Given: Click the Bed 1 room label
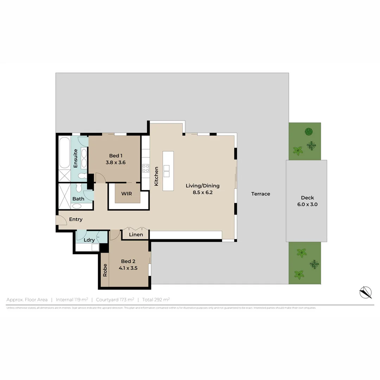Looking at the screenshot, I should click(116, 156).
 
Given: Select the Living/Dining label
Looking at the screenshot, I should click(203, 186).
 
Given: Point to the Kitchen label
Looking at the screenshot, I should click(156, 176).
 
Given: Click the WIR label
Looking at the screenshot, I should click(126, 194).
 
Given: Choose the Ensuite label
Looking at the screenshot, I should click(75, 158).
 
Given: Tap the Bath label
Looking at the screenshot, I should click(78, 199).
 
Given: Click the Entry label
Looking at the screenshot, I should click(76, 219).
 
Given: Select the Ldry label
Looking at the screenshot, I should click(89, 240).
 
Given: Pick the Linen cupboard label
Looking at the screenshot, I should click(136, 235).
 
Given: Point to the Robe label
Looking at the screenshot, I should click(105, 270).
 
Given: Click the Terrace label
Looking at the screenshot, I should click(260, 194).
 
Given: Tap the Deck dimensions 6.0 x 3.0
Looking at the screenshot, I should click(307, 204).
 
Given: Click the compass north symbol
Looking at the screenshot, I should click(366, 292).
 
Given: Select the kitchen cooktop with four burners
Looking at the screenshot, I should click(145, 168).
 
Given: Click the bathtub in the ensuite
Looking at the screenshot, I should click(65, 153).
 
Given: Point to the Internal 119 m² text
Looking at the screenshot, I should click(72, 300).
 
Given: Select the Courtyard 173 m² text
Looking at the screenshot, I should click(115, 300).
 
